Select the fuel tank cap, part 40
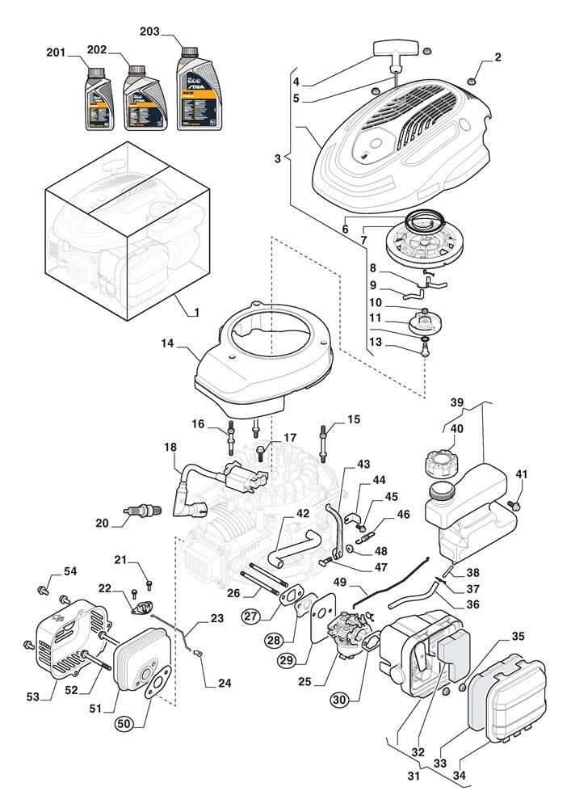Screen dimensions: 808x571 coord(439,466)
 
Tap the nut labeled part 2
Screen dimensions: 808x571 coord(474,79)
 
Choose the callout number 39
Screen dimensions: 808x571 coord(456,403)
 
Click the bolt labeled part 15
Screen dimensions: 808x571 coord(326,440)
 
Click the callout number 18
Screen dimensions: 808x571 coord(170,446)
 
